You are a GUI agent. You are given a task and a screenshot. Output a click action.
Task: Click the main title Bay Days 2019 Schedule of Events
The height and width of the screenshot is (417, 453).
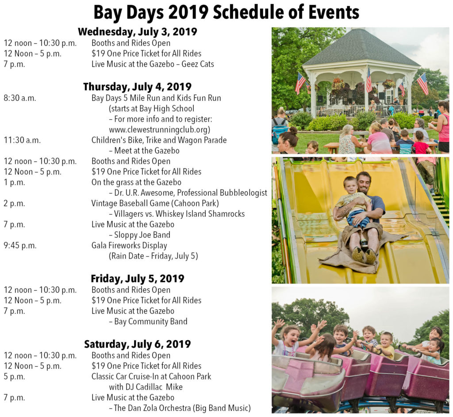(226, 13)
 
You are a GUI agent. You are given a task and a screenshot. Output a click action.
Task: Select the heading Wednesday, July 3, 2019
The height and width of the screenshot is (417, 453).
(138, 31)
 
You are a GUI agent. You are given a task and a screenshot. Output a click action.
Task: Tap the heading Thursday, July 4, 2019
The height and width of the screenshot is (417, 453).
(137, 87)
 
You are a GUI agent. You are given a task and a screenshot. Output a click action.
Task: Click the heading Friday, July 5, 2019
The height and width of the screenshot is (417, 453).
(138, 279)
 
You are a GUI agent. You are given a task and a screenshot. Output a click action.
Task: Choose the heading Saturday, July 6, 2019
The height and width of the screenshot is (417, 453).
(138, 344)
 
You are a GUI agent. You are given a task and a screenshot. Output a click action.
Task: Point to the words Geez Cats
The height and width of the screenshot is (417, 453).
(198, 64)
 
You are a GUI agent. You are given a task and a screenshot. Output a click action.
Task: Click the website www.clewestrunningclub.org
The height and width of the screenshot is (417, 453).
(159, 130)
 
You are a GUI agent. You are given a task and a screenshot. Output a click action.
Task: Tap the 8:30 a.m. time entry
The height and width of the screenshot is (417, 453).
(20, 98)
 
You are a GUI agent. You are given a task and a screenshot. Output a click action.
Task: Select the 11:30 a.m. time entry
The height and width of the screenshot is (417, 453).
(22, 140)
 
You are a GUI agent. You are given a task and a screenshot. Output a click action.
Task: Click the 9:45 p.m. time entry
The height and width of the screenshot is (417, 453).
(20, 246)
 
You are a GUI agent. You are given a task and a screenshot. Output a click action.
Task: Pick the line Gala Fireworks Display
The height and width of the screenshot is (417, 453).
(129, 246)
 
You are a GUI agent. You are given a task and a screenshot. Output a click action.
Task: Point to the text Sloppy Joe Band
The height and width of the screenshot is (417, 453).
(142, 235)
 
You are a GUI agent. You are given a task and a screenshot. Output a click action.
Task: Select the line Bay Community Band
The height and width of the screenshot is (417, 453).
(151, 322)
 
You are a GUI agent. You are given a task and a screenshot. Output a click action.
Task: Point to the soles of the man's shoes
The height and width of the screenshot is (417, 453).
(365, 255)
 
